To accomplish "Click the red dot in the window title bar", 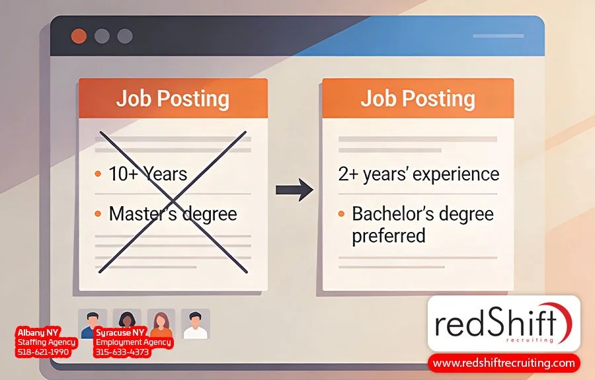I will (79, 36).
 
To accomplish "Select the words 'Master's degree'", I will (173, 214).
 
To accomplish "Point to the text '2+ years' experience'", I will (418, 174).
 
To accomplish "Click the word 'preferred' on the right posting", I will (389, 236).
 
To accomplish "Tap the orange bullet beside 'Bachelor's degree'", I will (341, 214).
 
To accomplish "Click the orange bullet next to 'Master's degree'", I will (98, 214).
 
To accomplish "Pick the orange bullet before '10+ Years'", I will (98, 174).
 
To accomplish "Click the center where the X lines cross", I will (173, 201).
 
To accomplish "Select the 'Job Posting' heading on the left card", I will (173, 99).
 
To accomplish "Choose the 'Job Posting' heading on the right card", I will (418, 99).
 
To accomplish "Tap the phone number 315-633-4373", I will (123, 353).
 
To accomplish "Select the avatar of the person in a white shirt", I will (195, 324).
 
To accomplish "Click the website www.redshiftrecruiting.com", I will (504, 363).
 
